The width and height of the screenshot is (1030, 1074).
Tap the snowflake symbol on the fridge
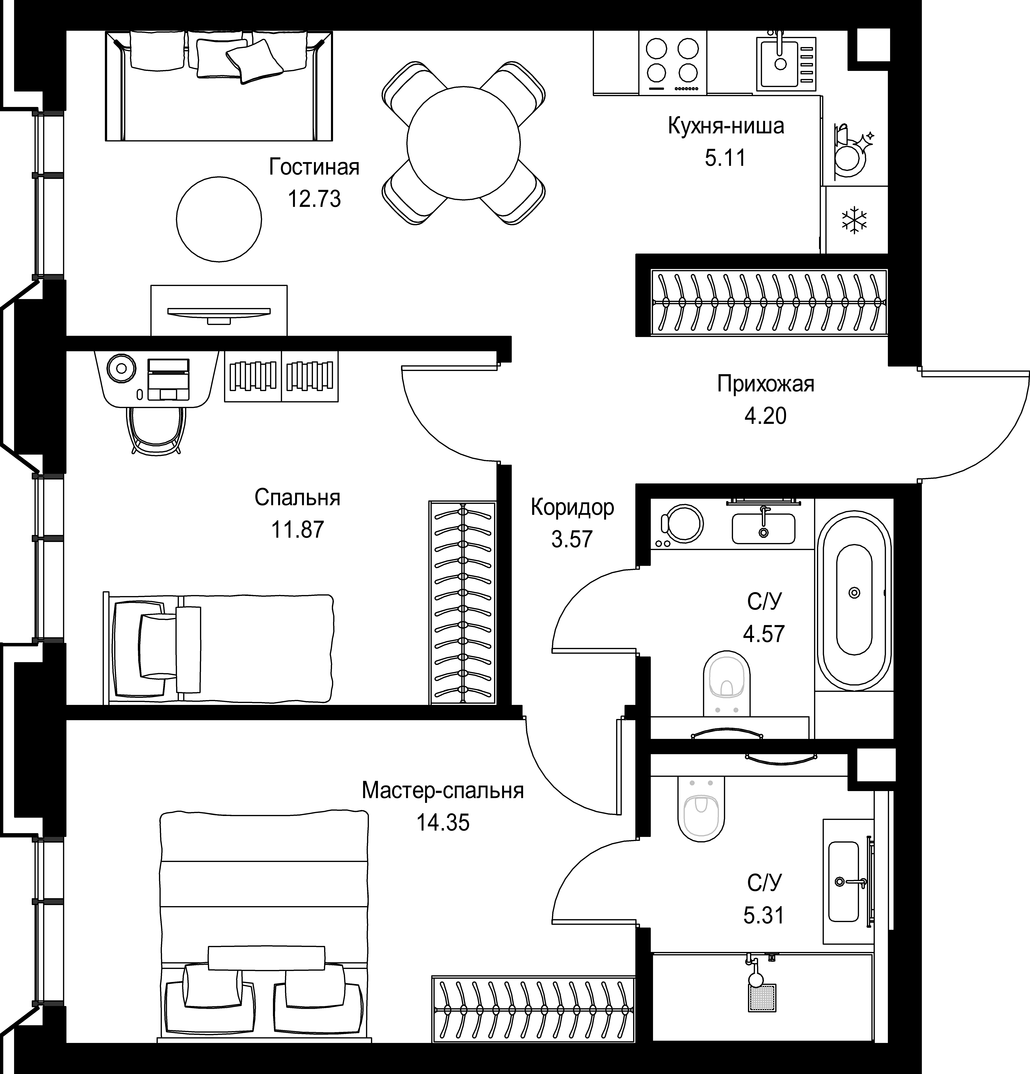pos(855,220)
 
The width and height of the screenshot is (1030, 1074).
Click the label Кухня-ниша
pos(726,126)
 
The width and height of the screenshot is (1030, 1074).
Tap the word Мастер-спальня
pos(443,791)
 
